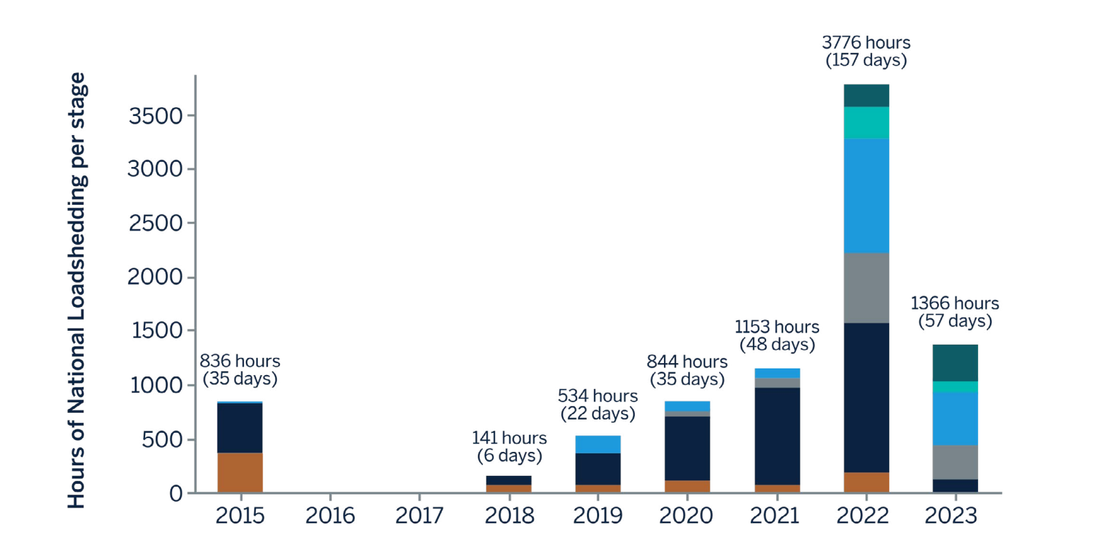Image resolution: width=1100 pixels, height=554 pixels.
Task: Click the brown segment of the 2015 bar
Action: point(240,472)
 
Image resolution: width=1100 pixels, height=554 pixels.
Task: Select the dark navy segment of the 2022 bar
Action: point(866,398)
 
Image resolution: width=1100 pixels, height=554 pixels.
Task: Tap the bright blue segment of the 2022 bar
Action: point(866,195)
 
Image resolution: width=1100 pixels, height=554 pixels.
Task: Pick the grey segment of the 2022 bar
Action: point(866,288)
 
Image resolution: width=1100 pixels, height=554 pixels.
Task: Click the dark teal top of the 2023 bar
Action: point(955,362)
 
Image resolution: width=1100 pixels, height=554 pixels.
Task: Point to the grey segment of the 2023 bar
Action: point(955,462)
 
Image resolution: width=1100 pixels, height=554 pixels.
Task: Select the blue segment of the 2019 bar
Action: point(598,444)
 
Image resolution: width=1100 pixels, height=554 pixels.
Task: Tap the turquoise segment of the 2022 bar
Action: point(866,123)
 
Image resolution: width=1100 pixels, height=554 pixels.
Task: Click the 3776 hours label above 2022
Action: point(866,43)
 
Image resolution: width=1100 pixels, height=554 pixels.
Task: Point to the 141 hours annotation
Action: point(509,438)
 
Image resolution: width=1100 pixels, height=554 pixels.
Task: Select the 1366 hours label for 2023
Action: point(954,304)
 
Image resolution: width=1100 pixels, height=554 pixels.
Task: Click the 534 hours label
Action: point(598,396)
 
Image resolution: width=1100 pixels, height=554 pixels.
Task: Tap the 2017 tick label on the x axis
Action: point(419,516)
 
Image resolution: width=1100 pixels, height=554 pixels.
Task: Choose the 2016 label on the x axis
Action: point(330,516)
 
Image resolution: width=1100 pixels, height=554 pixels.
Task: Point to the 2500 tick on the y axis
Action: point(156,223)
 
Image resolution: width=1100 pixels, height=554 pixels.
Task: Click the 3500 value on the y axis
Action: point(156,116)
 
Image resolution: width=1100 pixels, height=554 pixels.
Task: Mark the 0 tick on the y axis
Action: point(176,494)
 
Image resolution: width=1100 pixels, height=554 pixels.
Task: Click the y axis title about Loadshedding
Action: point(77,290)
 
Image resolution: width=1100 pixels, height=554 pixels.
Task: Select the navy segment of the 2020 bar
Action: point(687,448)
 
